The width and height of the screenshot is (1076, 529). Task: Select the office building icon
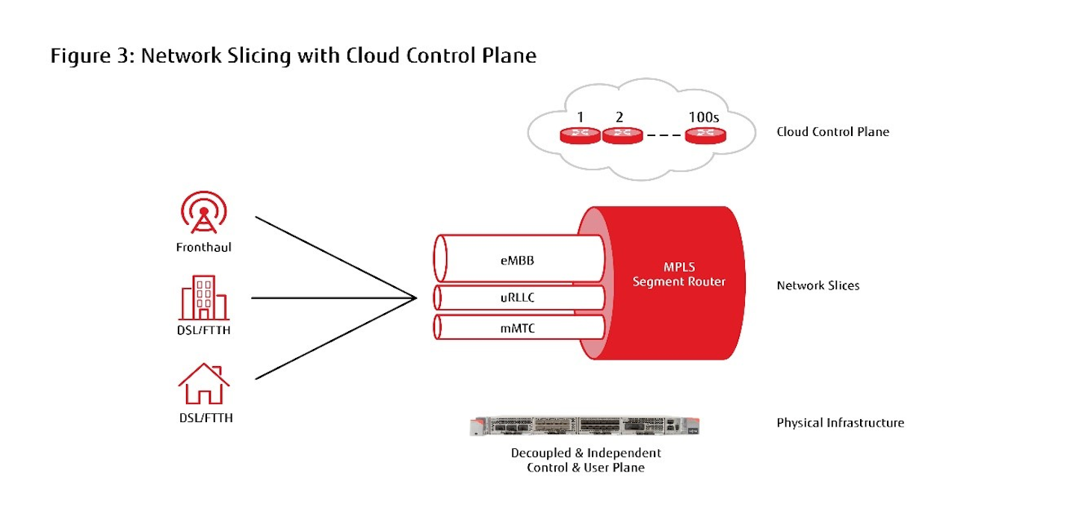tap(204, 297)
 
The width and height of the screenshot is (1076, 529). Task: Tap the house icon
tap(203, 384)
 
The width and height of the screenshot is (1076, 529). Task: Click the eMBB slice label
tap(519, 262)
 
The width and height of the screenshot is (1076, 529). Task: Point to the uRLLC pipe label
tap(519, 297)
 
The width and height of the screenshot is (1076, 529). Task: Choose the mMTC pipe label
tap(519, 327)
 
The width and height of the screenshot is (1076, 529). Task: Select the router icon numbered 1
tap(581, 135)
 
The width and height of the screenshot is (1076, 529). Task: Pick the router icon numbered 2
tap(622, 135)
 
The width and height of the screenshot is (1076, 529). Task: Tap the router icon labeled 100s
tap(705, 135)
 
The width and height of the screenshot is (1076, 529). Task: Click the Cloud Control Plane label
tap(832, 132)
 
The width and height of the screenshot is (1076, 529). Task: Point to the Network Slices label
tap(817, 285)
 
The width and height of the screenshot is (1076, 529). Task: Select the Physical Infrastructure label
tap(840, 423)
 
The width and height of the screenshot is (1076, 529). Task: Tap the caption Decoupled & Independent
tap(586, 453)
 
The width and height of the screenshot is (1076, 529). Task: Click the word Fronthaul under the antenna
tap(204, 247)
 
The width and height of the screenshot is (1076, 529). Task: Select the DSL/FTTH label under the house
tap(205, 418)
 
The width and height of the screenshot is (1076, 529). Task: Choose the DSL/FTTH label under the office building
tap(204, 330)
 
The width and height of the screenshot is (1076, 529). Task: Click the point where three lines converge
tap(415, 298)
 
